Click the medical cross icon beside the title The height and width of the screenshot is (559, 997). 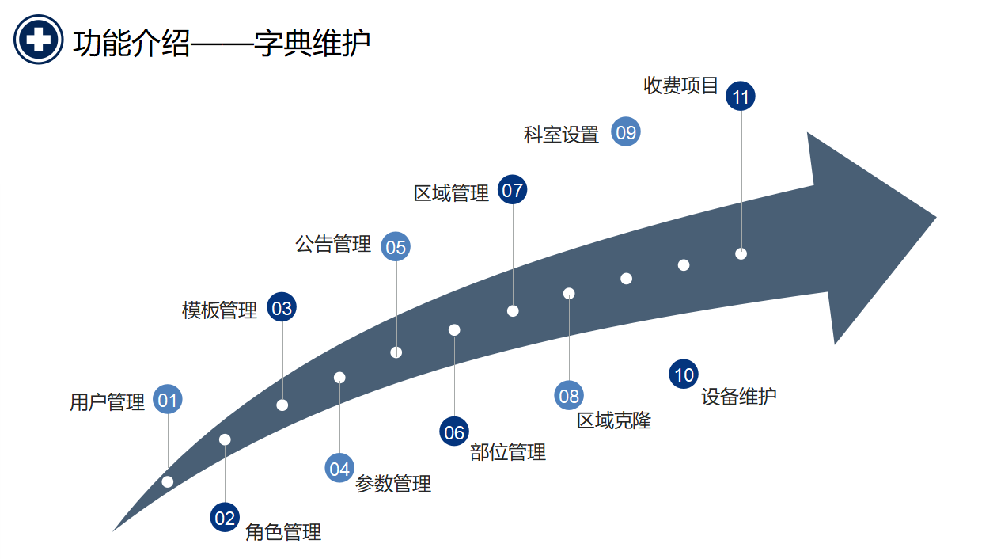click(38, 40)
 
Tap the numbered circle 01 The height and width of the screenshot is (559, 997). click(168, 400)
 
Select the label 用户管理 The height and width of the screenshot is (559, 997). click(108, 402)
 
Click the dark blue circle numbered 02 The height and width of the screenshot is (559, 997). click(225, 519)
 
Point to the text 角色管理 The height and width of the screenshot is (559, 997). click(283, 532)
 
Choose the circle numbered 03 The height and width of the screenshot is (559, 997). click(282, 308)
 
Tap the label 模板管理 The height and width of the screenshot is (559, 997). click(220, 310)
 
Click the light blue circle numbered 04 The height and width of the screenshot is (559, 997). click(339, 469)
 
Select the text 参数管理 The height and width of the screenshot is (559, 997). click(393, 484)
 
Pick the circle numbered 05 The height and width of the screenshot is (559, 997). click(396, 247)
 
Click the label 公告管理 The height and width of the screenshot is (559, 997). click(333, 244)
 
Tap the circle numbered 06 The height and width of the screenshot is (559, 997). click(454, 432)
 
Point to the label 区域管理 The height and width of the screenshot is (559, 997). click(452, 193)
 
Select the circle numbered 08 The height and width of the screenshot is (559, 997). click(569, 396)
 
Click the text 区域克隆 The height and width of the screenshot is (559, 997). click(614, 420)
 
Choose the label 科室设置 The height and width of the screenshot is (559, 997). click(562, 135)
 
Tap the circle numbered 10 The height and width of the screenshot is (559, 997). click(684, 375)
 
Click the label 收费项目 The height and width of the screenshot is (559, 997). click(681, 86)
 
